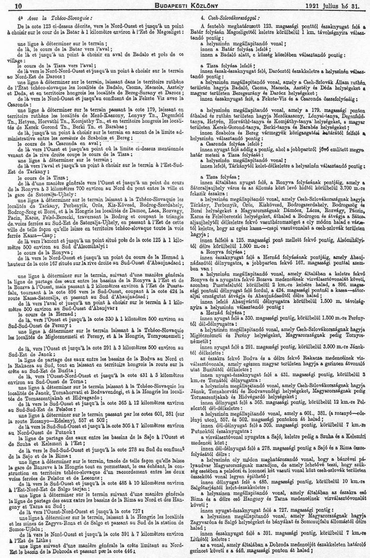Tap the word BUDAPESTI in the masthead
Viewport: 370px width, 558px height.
tap(163, 6)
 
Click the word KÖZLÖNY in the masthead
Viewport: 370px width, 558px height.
tap(203, 6)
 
